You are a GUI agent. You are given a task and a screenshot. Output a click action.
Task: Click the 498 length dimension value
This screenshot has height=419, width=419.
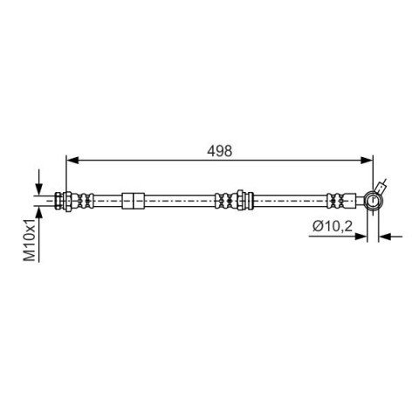coord(220,151)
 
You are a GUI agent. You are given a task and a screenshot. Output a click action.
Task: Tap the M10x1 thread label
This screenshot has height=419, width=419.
coord(30,240)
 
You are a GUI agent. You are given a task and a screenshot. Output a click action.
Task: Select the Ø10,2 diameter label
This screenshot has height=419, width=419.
coord(333,226)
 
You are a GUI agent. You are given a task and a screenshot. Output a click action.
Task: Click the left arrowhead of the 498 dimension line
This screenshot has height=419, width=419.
coord(72,160)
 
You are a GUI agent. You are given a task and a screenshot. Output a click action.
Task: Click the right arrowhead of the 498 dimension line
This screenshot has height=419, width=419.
coord(367,160)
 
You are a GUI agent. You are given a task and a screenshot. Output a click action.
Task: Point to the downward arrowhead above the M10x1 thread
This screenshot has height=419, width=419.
coord(39,189)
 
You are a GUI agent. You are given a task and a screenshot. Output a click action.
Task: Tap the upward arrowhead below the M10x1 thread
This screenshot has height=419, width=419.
coord(39,212)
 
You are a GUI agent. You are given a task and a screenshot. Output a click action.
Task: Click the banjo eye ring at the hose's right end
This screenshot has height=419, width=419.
coord(373,201)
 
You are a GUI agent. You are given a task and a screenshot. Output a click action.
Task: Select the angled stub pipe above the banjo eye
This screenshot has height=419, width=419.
coord(381,186)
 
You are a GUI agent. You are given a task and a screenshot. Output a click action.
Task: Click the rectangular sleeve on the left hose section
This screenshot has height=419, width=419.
coord(133,201)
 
